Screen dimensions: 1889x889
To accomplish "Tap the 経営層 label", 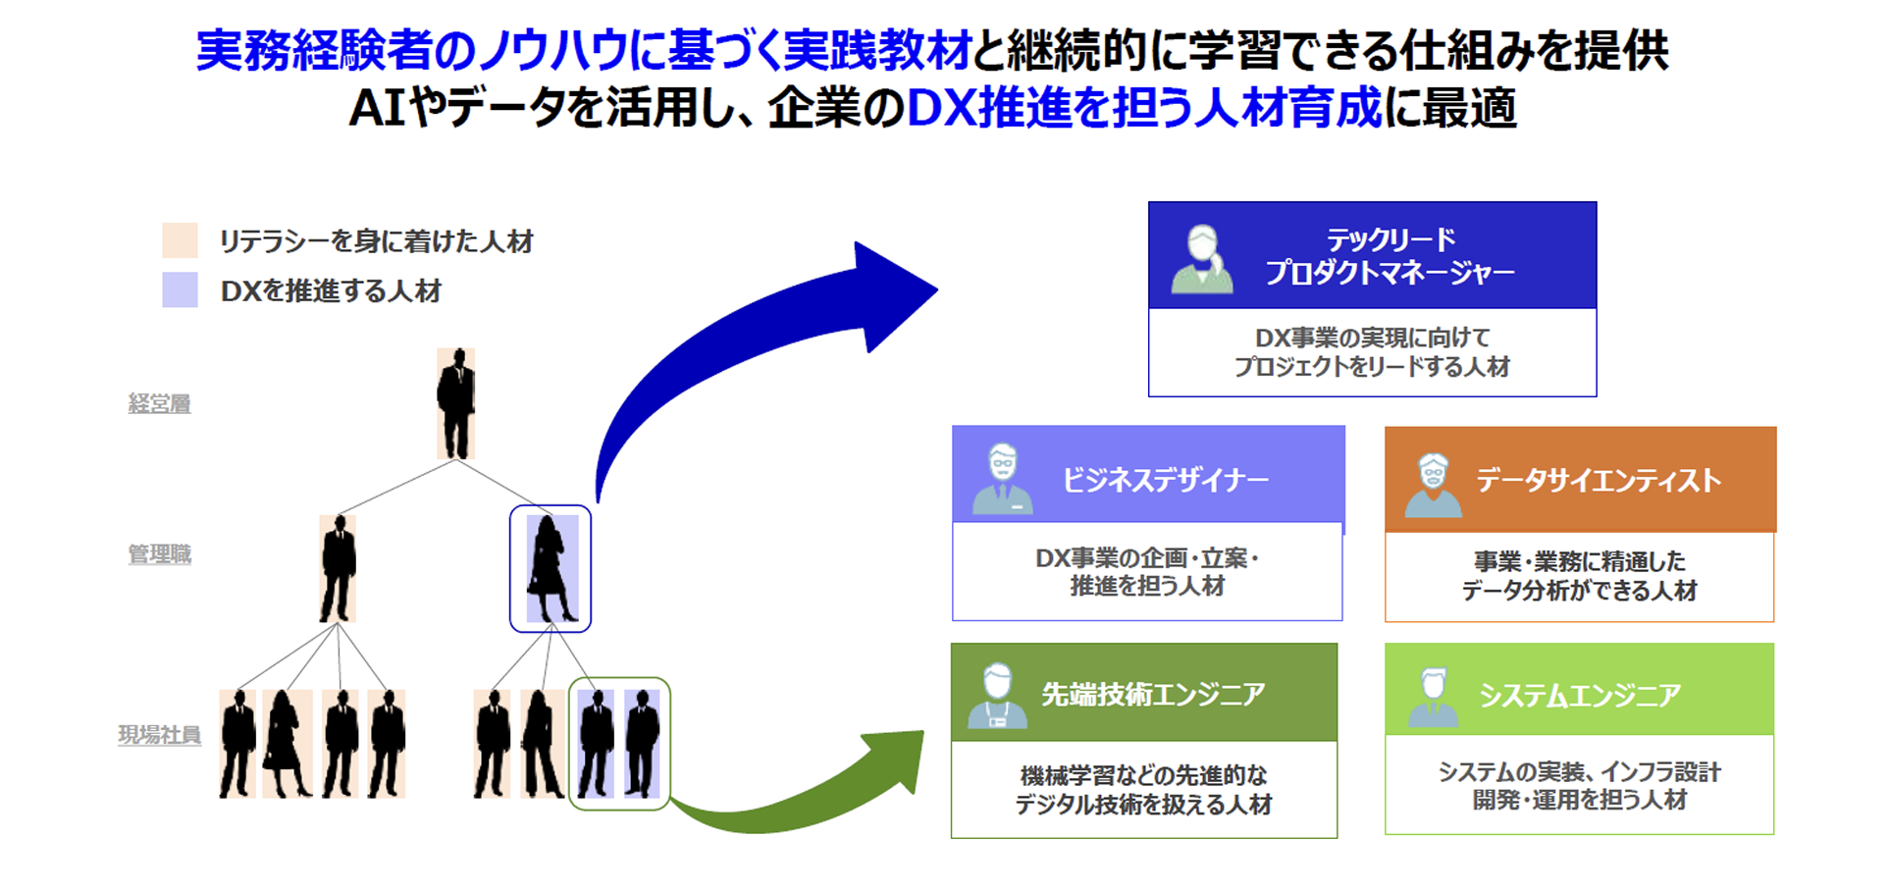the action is click(159, 403).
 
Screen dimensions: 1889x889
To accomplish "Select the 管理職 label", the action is click(159, 554).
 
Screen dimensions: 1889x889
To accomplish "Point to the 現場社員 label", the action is click(159, 735).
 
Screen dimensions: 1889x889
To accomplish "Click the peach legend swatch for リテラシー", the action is click(180, 240).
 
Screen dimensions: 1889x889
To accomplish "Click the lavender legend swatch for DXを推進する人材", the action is click(180, 290).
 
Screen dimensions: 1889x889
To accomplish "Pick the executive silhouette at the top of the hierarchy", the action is click(455, 403).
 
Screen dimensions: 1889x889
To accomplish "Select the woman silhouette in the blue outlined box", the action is click(551, 568).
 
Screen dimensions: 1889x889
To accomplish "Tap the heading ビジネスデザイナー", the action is click(1166, 480).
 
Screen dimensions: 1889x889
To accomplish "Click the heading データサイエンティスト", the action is click(1599, 480).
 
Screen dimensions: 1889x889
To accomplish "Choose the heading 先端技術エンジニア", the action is click(1153, 695).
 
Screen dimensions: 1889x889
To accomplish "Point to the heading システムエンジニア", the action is click(1580, 695).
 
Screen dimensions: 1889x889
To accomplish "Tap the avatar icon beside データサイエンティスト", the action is click(1434, 485).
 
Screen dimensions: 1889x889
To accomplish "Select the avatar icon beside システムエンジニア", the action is click(1434, 697).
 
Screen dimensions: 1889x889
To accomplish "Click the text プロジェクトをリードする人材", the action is click(1372, 367).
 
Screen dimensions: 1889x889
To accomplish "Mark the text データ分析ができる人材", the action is click(1579, 591).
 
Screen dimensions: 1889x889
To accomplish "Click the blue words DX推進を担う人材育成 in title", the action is click(1144, 108).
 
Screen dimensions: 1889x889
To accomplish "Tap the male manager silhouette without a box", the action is click(338, 568).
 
